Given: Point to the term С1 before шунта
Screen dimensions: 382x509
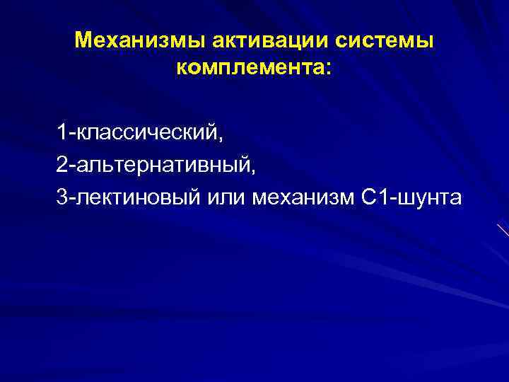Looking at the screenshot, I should [373, 197].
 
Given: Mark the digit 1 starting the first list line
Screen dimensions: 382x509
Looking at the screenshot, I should [62, 132].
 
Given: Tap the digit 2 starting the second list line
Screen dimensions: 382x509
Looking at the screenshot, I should [63, 165].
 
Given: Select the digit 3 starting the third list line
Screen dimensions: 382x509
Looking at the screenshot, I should [63, 197].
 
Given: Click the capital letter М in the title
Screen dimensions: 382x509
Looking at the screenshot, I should [83, 40].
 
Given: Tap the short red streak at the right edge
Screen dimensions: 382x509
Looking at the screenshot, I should [503, 231].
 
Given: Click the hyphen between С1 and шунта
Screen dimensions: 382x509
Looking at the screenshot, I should [390, 199].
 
